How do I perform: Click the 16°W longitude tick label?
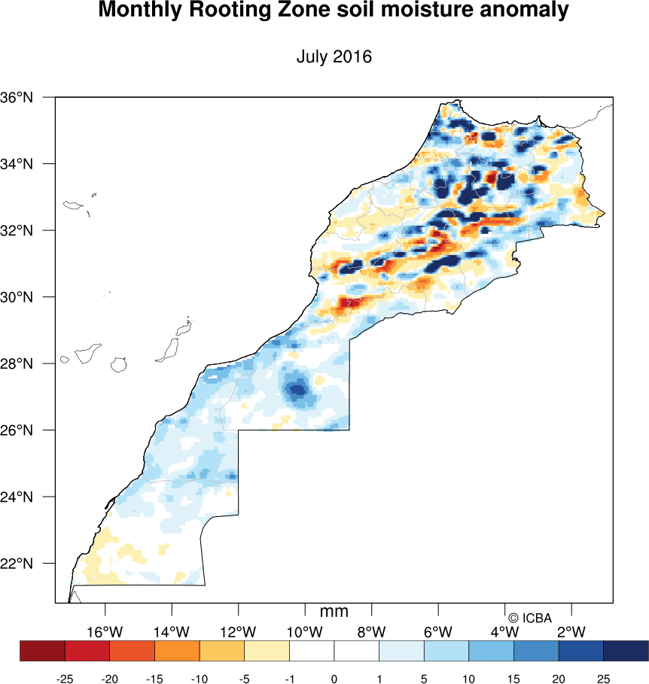coord(105,631)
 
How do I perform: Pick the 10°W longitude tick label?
coord(305,631)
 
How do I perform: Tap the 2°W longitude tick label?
coord(571,631)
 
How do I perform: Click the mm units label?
coord(334,612)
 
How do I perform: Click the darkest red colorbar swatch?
coord(42,651)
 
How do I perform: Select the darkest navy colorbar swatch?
coord(626,651)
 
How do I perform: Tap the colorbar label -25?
coord(65,679)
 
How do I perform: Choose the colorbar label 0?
coord(334,679)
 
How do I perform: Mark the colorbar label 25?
coord(603,679)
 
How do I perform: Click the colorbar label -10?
coord(199,679)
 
